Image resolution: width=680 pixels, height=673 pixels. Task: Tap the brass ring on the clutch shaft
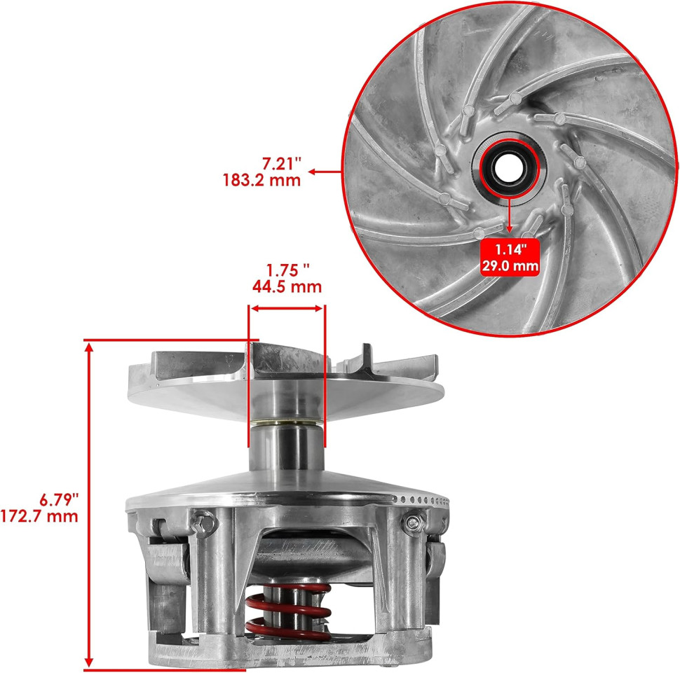[287, 422]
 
